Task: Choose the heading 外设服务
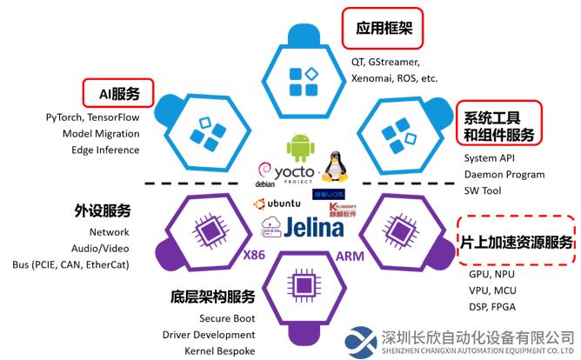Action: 103,211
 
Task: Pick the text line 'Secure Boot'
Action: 227,318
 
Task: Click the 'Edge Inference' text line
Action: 105,150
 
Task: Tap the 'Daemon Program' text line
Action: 504,174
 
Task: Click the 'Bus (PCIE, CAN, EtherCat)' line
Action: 70,263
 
